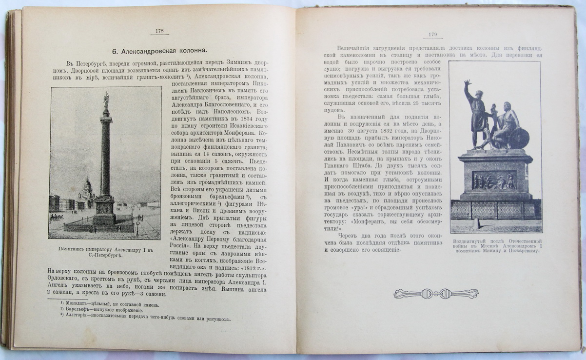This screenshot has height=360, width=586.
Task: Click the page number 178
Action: point(159,31)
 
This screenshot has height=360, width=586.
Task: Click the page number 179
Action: point(432,34)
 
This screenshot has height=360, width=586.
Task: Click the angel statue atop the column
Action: point(106,101)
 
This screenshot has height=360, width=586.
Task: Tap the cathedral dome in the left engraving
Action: point(87,185)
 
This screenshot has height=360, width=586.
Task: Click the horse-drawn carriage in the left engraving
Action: point(57,217)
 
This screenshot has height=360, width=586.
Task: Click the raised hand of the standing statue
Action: point(467,83)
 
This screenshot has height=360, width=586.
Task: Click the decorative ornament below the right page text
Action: point(436,294)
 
